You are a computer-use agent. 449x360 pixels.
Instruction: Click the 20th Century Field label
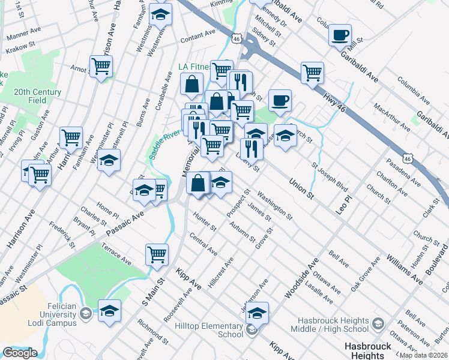point(38,96)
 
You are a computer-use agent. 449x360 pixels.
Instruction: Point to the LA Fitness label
point(194,67)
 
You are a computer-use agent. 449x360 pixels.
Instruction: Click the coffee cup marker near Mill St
point(340,35)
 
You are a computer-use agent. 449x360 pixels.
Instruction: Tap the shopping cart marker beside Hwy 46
point(312,73)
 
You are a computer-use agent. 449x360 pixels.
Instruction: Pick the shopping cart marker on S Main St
point(157,254)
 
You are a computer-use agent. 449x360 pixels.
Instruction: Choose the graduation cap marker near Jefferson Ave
point(257,313)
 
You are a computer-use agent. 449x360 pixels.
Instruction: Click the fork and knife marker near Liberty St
point(252,149)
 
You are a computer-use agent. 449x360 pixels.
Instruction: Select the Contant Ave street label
point(197,37)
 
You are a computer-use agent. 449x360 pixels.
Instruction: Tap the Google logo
point(20,353)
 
